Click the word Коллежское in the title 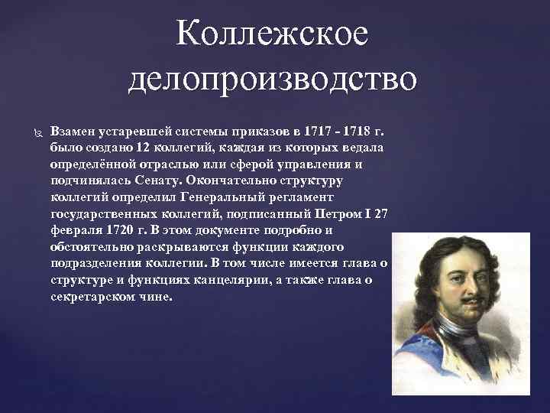tap(272, 34)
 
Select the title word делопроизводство tap(273, 79)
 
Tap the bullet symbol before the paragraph tap(31, 132)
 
